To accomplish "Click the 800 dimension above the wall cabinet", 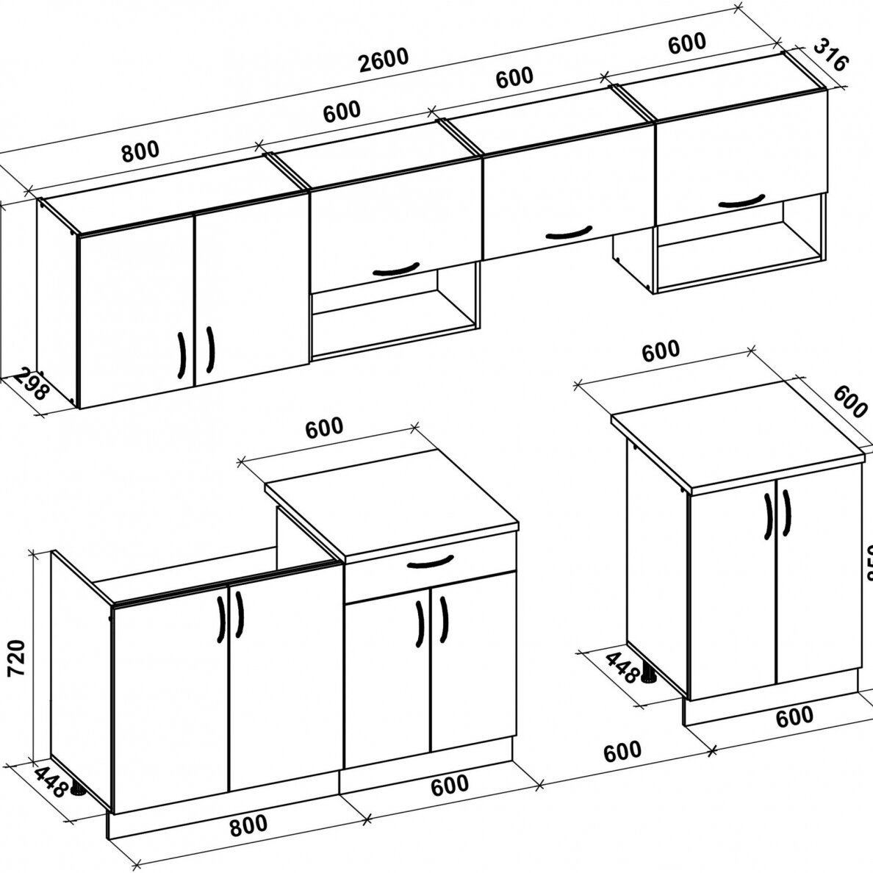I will click(x=140, y=151).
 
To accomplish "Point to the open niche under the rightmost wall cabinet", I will click(x=739, y=254).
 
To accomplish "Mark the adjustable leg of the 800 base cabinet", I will click(x=77, y=791).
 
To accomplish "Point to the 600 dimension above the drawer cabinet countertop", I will click(x=324, y=427).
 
